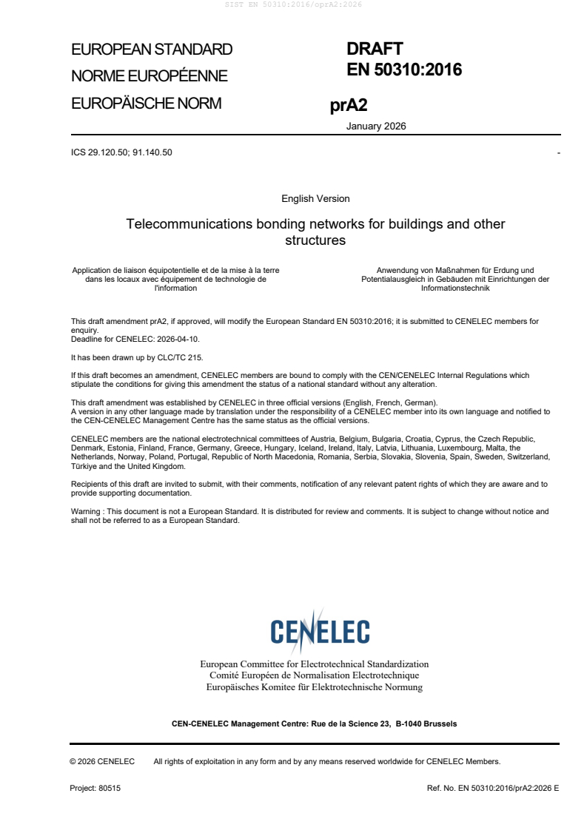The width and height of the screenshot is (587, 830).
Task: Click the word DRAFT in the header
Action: point(375,50)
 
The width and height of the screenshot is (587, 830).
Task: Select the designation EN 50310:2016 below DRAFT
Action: point(404,70)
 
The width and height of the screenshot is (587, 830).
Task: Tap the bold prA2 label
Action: point(343,107)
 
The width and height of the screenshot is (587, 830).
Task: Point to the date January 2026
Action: point(376,126)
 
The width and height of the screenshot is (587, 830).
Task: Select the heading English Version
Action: point(315,198)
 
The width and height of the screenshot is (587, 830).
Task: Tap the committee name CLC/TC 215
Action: point(178,357)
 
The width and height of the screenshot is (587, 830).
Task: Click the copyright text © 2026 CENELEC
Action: point(102,760)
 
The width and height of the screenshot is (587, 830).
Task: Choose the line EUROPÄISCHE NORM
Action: point(146,104)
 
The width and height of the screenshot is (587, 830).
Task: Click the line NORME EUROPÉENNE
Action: point(149,76)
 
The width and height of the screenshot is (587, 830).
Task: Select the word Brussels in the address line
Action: point(440,723)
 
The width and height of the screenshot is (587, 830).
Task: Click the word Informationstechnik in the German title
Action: point(455,289)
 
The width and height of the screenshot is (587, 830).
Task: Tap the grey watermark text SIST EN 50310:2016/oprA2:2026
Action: point(293,4)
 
